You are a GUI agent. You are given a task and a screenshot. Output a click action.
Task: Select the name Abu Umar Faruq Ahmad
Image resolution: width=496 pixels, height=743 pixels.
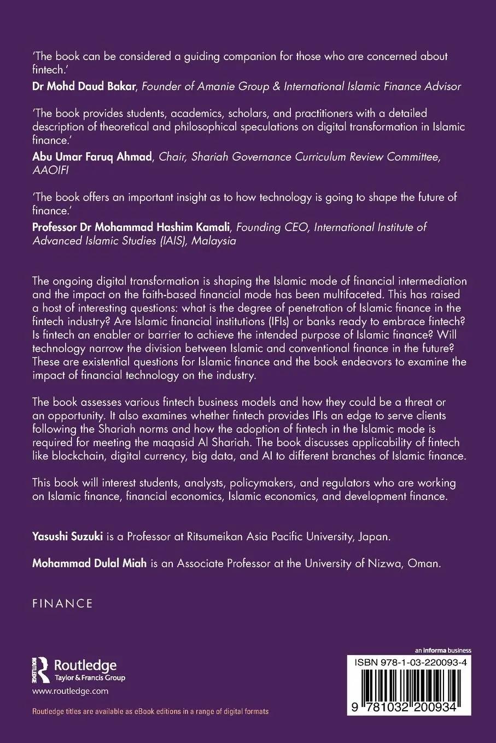[92, 157]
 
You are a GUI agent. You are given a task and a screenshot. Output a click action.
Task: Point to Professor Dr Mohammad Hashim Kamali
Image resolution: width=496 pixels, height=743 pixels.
[126, 227]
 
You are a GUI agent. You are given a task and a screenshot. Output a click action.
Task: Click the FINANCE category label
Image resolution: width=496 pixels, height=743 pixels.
[62, 604]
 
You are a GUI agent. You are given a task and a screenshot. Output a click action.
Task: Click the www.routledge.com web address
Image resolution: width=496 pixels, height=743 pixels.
[71, 691]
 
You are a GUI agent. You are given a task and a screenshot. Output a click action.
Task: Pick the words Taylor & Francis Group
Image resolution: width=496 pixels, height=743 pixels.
[90, 678]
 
